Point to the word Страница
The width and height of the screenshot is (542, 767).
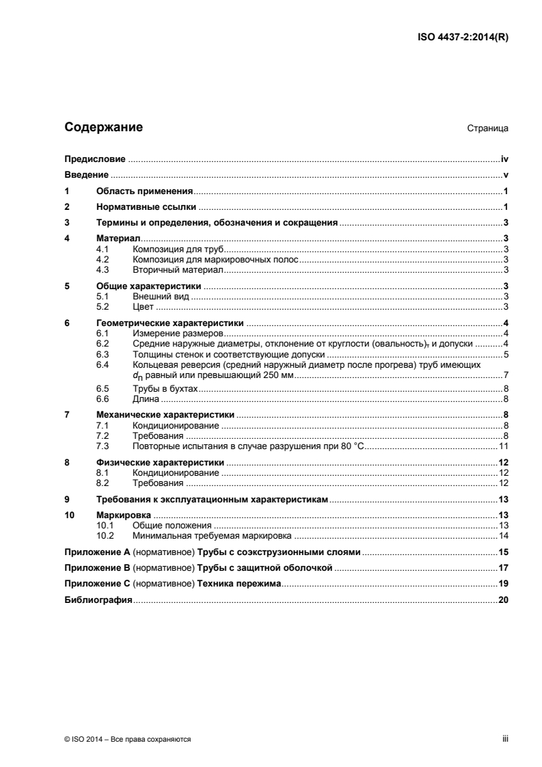pyautogui.click(x=487, y=129)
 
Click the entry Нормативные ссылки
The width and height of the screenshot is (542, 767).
pyautogui.click(x=147, y=206)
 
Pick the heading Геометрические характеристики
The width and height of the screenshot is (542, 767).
pyautogui.click(x=171, y=323)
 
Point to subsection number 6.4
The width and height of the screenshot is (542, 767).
pyautogui.click(x=103, y=366)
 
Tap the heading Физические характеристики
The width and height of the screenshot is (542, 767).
pyautogui.click(x=165, y=463)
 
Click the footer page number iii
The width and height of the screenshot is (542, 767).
pyautogui.click(x=504, y=739)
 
